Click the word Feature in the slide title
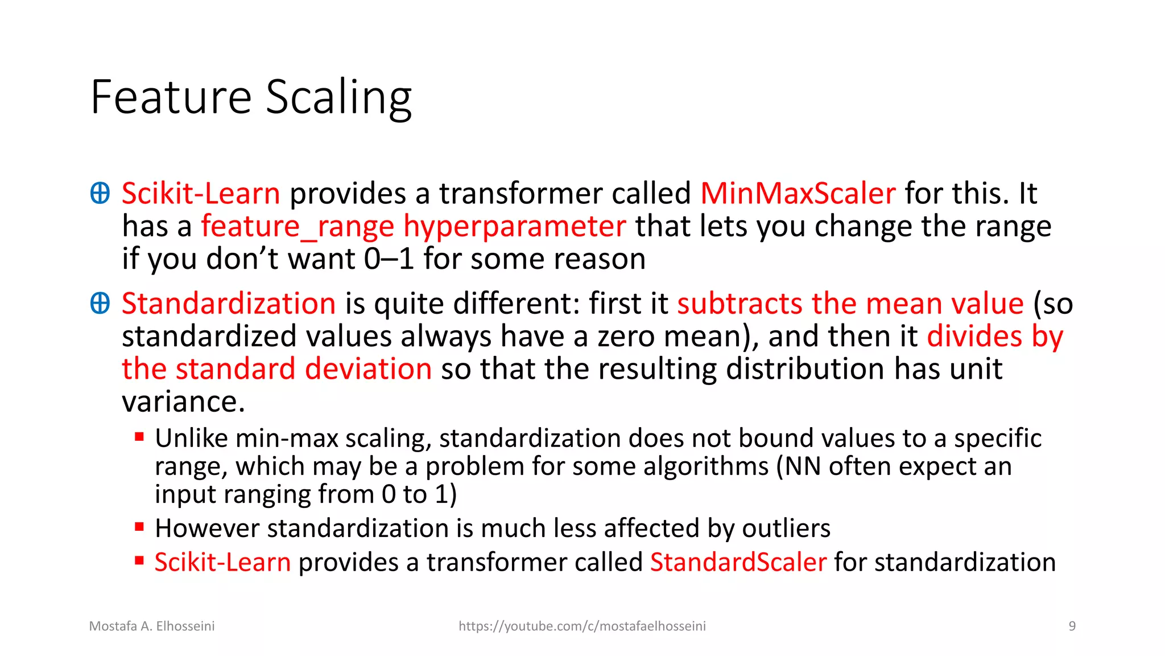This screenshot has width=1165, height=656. pyautogui.click(x=171, y=97)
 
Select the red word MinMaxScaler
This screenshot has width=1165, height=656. pyautogui.click(x=798, y=194)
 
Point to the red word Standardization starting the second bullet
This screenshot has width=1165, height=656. pyautogui.click(x=229, y=304)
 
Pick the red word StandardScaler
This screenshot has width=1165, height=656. pyautogui.click(x=738, y=563)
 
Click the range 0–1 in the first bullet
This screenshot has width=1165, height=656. pyautogui.click(x=389, y=260)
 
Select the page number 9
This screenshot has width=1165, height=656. pyautogui.click(x=1072, y=626)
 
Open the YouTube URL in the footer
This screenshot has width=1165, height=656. pyautogui.click(x=582, y=626)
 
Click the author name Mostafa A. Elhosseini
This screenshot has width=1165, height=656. pyautogui.click(x=152, y=626)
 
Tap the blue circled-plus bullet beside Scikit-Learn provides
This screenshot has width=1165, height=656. pyautogui.click(x=100, y=193)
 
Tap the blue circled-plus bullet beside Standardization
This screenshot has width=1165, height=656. pyautogui.click(x=100, y=303)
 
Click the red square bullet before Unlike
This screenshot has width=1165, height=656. pyautogui.click(x=139, y=437)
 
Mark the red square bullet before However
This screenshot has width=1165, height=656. pyautogui.click(x=139, y=527)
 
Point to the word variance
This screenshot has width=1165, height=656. pyautogui.click(x=183, y=402)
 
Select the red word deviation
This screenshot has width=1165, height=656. pyautogui.click(x=368, y=369)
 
